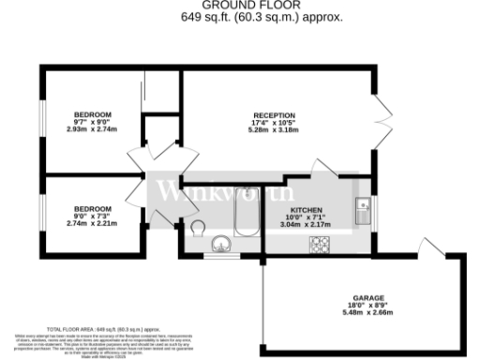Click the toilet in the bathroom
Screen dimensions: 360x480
point(198,228)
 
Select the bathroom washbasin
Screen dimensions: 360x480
point(221,245)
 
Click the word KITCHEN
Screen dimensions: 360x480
point(307,210)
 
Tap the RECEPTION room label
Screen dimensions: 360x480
point(274,115)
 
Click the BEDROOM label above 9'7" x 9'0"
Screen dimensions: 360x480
point(93,114)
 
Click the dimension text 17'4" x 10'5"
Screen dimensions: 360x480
point(274,124)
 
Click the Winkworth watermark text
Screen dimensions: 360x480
point(212,193)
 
